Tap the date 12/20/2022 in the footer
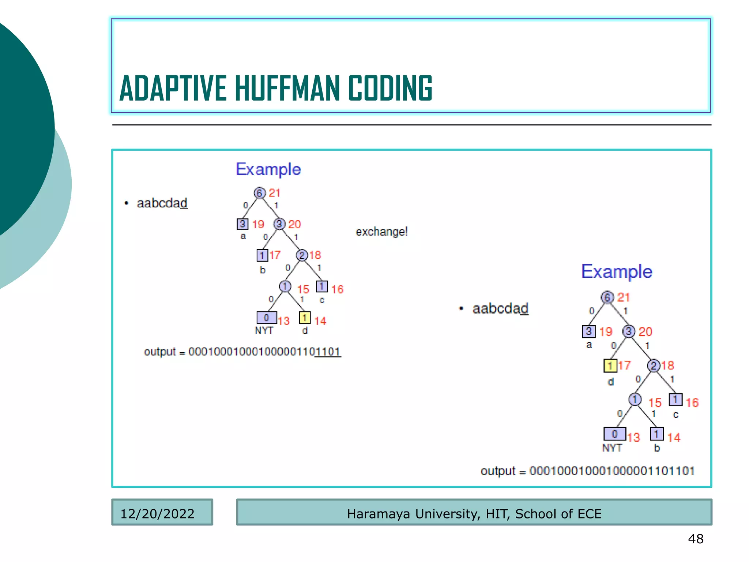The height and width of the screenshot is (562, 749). [x=157, y=514]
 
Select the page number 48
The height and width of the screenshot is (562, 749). [x=696, y=539]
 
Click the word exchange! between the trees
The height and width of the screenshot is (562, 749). [x=381, y=232]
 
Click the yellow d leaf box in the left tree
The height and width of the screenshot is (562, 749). [x=305, y=318]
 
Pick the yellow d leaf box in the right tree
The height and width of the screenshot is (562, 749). [x=610, y=365]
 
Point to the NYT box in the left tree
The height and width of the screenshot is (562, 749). [x=267, y=318]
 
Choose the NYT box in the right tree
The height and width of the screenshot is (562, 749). [x=614, y=434]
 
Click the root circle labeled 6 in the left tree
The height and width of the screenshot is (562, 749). [x=259, y=193]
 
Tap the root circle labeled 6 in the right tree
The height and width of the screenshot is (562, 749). [x=607, y=297]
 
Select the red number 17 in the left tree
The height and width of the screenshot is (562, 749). [x=275, y=255]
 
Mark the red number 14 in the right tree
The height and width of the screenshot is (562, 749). [x=673, y=437]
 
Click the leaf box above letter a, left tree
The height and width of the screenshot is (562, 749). [x=242, y=224]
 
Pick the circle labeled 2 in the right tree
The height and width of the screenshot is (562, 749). [x=654, y=365]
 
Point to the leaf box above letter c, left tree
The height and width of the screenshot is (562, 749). [x=322, y=286]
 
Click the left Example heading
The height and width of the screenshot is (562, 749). [x=268, y=169]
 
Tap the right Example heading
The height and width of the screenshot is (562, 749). [x=617, y=271]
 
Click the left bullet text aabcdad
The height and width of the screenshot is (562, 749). [x=162, y=203]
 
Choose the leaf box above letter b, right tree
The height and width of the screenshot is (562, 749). [x=656, y=434]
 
